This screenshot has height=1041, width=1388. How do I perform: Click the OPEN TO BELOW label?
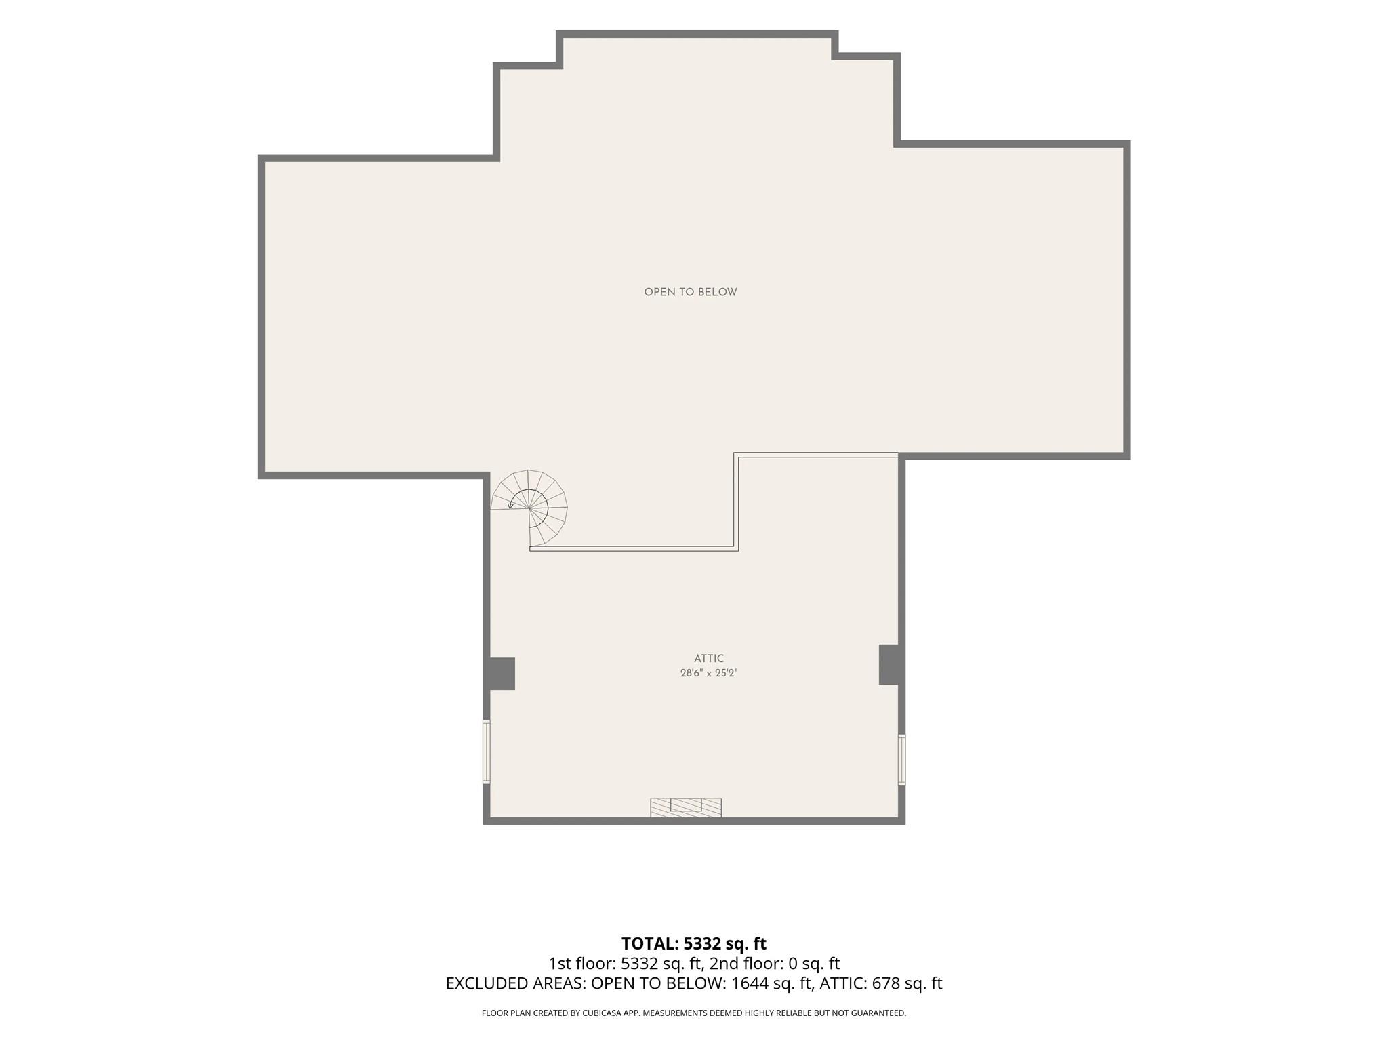pyautogui.click(x=691, y=292)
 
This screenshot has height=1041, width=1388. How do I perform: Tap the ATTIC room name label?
pyautogui.click(x=709, y=658)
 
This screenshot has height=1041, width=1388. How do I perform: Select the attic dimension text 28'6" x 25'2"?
pyautogui.click(x=709, y=673)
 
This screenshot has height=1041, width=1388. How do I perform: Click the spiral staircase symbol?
pyautogui.click(x=529, y=508)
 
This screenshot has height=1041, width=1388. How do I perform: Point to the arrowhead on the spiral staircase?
pyautogui.click(x=510, y=506)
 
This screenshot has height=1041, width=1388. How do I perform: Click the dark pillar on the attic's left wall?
pyautogui.click(x=502, y=674)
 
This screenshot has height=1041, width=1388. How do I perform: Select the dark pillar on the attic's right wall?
pyautogui.click(x=889, y=664)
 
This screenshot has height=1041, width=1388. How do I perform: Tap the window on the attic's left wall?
pyautogui.click(x=486, y=752)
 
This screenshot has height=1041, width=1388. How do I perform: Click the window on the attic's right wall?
pyautogui.click(x=901, y=760)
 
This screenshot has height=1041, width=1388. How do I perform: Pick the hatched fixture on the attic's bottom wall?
pyautogui.click(x=686, y=807)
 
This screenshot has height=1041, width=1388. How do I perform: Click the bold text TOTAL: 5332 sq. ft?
pyautogui.click(x=694, y=943)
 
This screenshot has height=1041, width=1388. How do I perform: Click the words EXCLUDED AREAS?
pyautogui.click(x=515, y=983)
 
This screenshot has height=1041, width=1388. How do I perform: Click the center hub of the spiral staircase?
pyautogui.click(x=529, y=508)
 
